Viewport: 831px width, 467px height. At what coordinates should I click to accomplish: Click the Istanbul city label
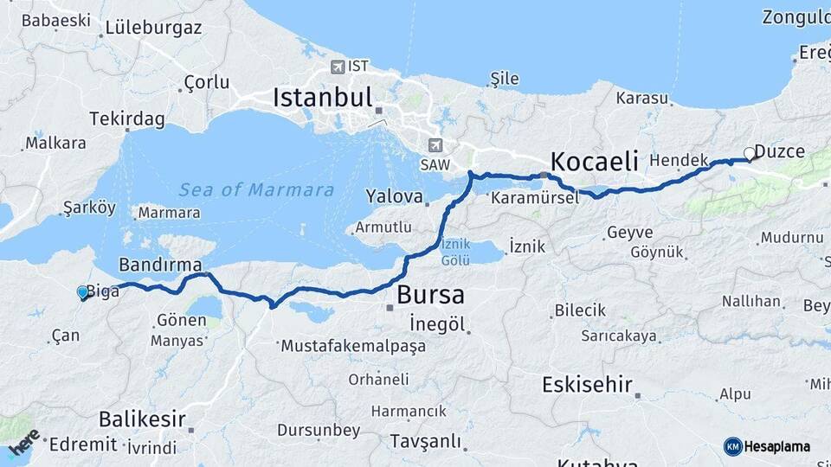point(322,97)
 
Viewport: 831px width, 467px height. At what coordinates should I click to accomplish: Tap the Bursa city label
point(429,295)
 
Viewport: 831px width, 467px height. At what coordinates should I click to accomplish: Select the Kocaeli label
point(595,161)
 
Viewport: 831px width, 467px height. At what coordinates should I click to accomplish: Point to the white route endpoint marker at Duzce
point(750,154)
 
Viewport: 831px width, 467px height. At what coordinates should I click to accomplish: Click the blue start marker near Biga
point(83,293)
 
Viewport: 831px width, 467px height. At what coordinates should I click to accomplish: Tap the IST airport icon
point(337,66)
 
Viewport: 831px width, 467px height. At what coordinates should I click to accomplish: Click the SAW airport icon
point(435,145)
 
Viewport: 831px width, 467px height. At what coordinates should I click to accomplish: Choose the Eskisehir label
point(588,385)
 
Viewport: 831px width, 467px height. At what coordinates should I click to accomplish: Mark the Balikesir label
point(142,420)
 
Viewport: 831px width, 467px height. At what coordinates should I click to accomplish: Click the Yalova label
point(394,195)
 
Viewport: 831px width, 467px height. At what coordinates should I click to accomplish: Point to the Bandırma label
point(161,264)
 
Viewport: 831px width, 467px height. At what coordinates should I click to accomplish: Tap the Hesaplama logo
point(767,446)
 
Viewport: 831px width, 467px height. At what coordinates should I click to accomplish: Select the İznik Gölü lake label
point(455,252)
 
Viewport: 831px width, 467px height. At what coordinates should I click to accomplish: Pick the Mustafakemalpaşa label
point(353,346)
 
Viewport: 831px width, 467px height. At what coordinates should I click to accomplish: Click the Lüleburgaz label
point(153,27)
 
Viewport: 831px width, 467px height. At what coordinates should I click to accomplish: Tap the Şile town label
point(505,79)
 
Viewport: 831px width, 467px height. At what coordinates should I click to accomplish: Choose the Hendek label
point(679,161)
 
